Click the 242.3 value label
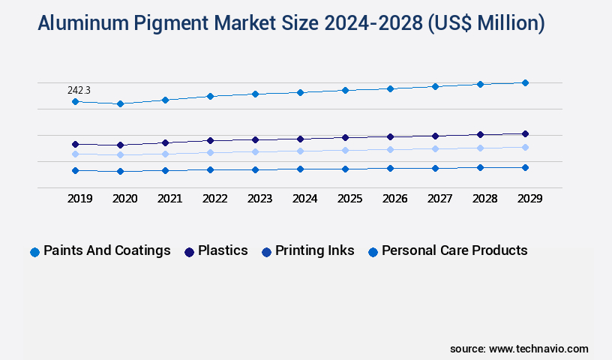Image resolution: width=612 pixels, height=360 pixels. point(79,90)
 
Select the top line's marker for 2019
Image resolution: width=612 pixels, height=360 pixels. point(75,101)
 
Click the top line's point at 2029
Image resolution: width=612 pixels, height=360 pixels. point(525,82)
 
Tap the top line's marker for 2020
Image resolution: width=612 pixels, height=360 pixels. point(120,103)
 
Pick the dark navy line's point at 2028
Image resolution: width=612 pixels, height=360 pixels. point(480,134)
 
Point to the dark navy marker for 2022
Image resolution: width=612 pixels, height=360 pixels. point(210,140)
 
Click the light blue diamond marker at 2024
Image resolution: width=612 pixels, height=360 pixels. point(300,151)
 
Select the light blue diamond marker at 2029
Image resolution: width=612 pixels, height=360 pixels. point(525,147)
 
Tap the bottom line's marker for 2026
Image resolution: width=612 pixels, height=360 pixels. point(390,168)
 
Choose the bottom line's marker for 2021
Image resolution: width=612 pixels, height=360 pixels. point(165,170)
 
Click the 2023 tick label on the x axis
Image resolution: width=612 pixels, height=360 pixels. point(259,199)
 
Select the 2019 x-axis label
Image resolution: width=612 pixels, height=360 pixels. point(79,199)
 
